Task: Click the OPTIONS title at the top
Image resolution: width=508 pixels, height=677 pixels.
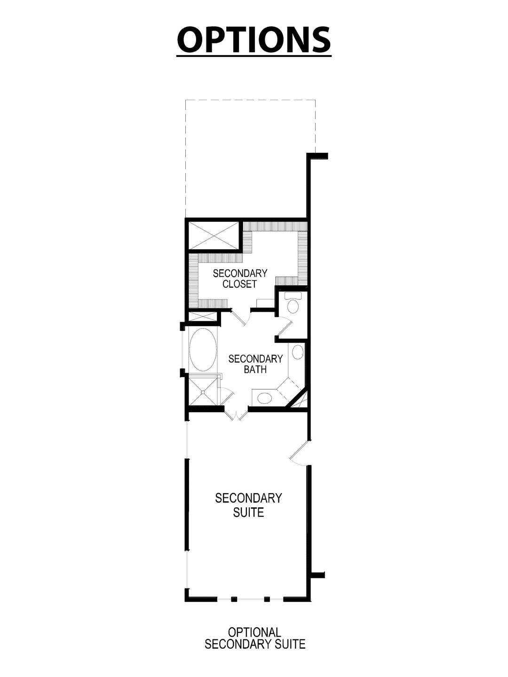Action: point(254,39)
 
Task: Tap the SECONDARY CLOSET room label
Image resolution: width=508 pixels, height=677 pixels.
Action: point(240,279)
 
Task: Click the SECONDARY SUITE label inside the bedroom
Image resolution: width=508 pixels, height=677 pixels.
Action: point(248,504)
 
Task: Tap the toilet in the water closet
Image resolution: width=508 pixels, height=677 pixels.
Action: point(293,307)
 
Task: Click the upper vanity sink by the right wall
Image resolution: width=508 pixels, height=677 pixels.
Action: point(298,352)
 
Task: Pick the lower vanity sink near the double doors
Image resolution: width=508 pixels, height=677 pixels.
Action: point(264,399)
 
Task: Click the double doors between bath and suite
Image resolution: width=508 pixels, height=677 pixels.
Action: point(235,415)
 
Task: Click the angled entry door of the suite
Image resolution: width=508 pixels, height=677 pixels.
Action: point(298,453)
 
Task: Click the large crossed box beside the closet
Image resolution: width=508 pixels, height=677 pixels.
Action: point(214,236)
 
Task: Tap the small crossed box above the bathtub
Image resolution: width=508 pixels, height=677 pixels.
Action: point(203,317)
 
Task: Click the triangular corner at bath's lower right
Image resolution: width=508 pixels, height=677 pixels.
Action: point(300,400)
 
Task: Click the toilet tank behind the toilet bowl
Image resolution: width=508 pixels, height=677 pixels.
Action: point(293,296)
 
